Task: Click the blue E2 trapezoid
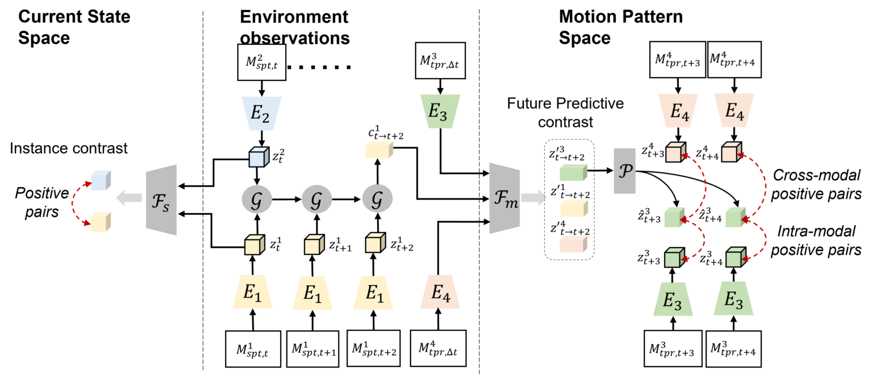pyautogui.click(x=261, y=113)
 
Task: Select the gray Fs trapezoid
pyautogui.click(x=162, y=200)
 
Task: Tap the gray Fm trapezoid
pyautogui.click(x=504, y=198)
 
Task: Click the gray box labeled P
pyautogui.click(x=624, y=171)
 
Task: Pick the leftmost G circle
pyautogui.click(x=257, y=199)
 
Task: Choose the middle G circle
pyautogui.click(x=316, y=199)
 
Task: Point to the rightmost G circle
pyautogui.click(x=377, y=199)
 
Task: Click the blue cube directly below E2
pyautogui.click(x=259, y=156)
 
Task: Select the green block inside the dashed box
pyautogui.click(x=573, y=173)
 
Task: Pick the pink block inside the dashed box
pyautogui.click(x=573, y=244)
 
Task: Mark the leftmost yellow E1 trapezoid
pyautogui.click(x=252, y=293)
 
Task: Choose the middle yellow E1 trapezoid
pyautogui.click(x=312, y=293)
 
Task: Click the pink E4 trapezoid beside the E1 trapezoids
pyautogui.click(x=440, y=293)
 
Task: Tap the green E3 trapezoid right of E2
pyautogui.click(x=440, y=112)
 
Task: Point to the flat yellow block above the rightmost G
pyautogui.click(x=379, y=150)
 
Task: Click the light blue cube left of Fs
pyautogui.click(x=100, y=180)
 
